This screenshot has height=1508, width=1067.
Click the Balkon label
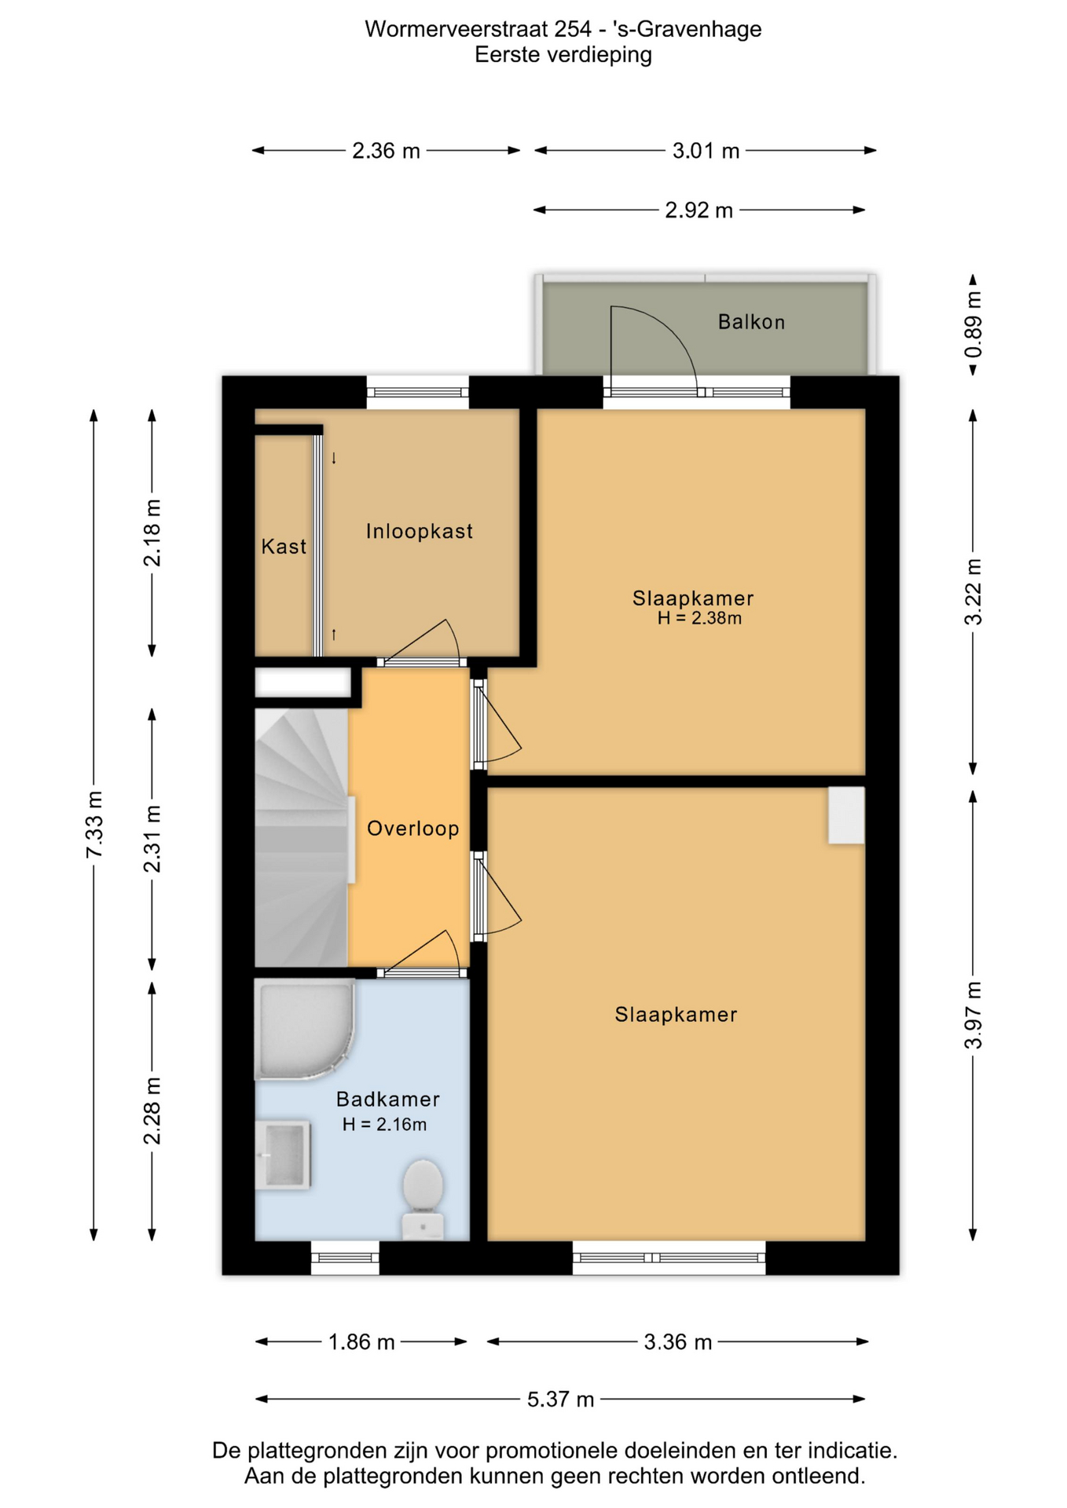coord(751,322)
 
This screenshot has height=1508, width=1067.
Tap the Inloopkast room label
coord(420,532)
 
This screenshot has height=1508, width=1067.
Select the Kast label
coord(284,547)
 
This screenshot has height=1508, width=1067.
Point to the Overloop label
coord(413,829)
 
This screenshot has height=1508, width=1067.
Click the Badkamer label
coord(388,1100)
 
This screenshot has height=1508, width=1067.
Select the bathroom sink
coord(283,1155)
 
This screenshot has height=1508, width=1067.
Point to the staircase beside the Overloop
coord(301,837)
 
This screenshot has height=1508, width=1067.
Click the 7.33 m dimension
coord(94,825)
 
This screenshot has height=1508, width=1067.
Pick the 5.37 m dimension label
coord(560,1400)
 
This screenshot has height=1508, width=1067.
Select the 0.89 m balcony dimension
coord(973,324)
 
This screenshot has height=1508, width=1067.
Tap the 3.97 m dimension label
coord(973,1016)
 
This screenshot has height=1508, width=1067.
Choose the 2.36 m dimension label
coord(386,151)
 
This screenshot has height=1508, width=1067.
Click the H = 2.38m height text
coord(699,618)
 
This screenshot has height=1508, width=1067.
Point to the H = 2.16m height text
coord(384,1125)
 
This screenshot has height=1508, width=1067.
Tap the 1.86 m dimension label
coord(361,1342)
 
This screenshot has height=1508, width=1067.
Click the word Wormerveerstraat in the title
coord(456,29)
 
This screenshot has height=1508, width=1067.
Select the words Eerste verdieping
coord(563,55)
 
